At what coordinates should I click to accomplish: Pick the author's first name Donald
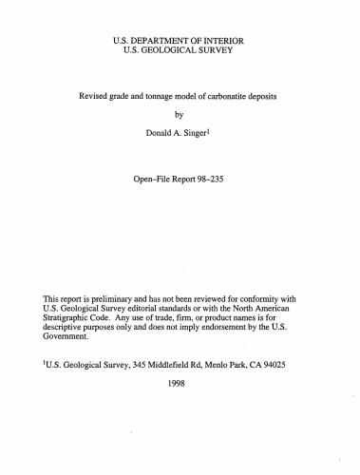tap(159, 134)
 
